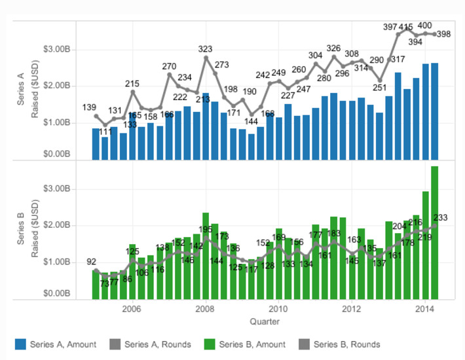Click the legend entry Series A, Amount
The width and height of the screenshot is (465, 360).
(56, 344)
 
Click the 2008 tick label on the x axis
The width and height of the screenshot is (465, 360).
(205, 308)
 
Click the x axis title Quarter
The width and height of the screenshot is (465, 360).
(265, 321)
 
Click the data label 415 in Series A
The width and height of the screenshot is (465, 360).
(405, 27)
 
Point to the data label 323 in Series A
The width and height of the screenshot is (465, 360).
(205, 49)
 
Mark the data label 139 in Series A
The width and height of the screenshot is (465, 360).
(90, 107)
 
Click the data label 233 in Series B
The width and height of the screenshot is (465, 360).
(441, 218)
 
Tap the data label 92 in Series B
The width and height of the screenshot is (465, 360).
(91, 262)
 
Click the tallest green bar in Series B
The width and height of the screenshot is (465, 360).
(434, 232)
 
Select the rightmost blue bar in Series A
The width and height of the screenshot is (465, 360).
(434, 111)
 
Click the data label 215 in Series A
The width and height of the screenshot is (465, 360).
(132, 84)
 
